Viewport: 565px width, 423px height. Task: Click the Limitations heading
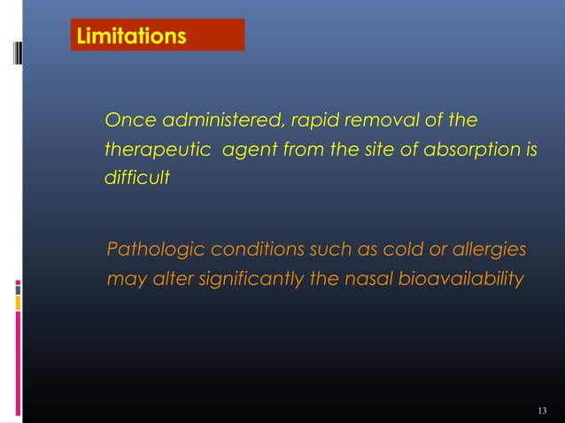pos(131,37)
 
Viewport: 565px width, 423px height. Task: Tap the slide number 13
pos(543,409)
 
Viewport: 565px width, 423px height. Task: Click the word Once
pos(127,119)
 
